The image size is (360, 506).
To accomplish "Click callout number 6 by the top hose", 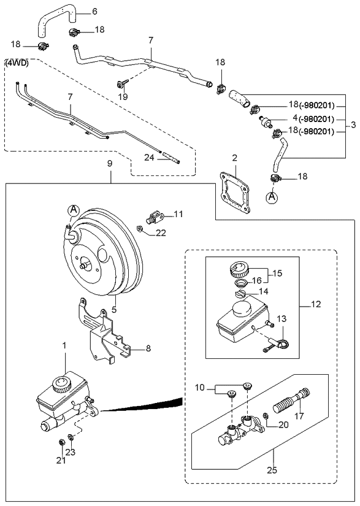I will pyautogui.click(x=94, y=11).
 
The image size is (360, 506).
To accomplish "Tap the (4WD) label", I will pyautogui.click(x=16, y=63).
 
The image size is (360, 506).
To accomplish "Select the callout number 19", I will pyautogui.click(x=123, y=96).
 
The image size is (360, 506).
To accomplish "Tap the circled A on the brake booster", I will pyautogui.click(x=72, y=211).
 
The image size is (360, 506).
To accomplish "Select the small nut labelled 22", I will pyautogui.click(x=140, y=229).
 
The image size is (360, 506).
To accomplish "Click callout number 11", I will pyautogui.click(x=178, y=213).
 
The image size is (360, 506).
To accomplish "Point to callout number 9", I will pyautogui.click(x=110, y=164).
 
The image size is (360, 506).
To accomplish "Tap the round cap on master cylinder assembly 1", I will pyautogui.click(x=61, y=385).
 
